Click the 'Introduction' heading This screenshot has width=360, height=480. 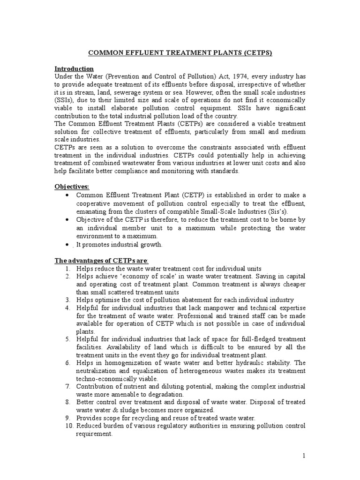(x=74, y=68)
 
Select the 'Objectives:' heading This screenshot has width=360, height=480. (x=72, y=187)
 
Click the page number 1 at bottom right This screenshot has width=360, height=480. (x=304, y=456)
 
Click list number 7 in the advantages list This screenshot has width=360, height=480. (x=67, y=386)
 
